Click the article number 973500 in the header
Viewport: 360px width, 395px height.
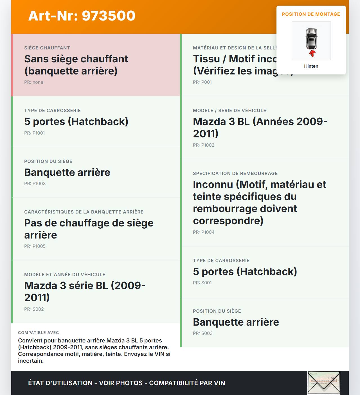(109, 16)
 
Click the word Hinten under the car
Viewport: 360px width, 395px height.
(311, 66)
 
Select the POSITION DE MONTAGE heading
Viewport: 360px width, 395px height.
(311, 14)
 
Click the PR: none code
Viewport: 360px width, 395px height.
(34, 82)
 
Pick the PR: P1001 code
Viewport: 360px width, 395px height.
(35, 133)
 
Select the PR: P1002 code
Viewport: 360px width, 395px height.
(204, 145)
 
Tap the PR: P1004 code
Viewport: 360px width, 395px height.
(204, 232)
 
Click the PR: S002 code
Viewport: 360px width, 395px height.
(34, 309)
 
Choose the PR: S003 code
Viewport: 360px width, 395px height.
(203, 333)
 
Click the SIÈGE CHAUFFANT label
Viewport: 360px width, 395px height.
(47, 48)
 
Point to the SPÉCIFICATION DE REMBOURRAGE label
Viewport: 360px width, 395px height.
(235, 174)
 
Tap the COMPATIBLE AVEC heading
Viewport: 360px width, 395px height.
(39, 333)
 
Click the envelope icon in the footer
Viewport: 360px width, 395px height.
(324, 383)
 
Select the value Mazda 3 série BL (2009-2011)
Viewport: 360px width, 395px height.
(85, 292)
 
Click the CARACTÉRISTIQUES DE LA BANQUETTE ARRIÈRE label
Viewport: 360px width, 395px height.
(84, 212)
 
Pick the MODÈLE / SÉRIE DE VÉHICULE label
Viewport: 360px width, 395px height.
(229, 111)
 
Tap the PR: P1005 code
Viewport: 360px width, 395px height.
(35, 246)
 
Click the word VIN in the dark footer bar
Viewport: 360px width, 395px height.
(219, 383)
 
